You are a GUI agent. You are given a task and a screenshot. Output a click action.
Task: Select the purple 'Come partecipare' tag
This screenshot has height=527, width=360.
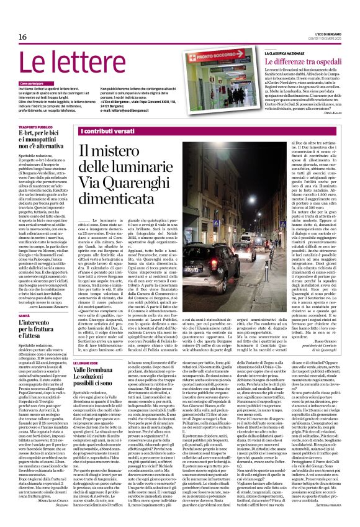35,83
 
